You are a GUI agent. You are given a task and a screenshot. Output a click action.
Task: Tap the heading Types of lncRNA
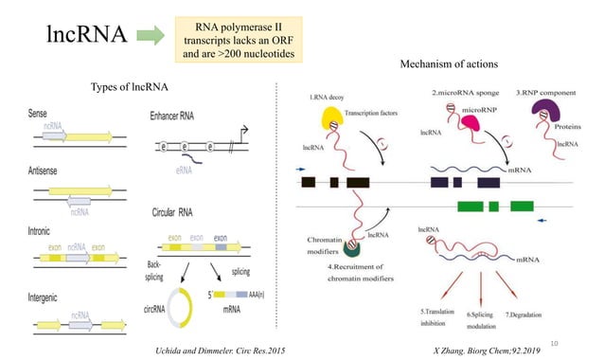pyautogui.click(x=129, y=88)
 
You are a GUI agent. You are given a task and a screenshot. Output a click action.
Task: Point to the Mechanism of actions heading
pyautogui.click(x=450, y=64)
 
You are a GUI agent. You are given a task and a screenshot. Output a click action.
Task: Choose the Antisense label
pyautogui.click(x=49, y=171)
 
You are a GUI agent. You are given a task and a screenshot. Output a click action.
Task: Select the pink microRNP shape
pyautogui.click(x=443, y=124)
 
